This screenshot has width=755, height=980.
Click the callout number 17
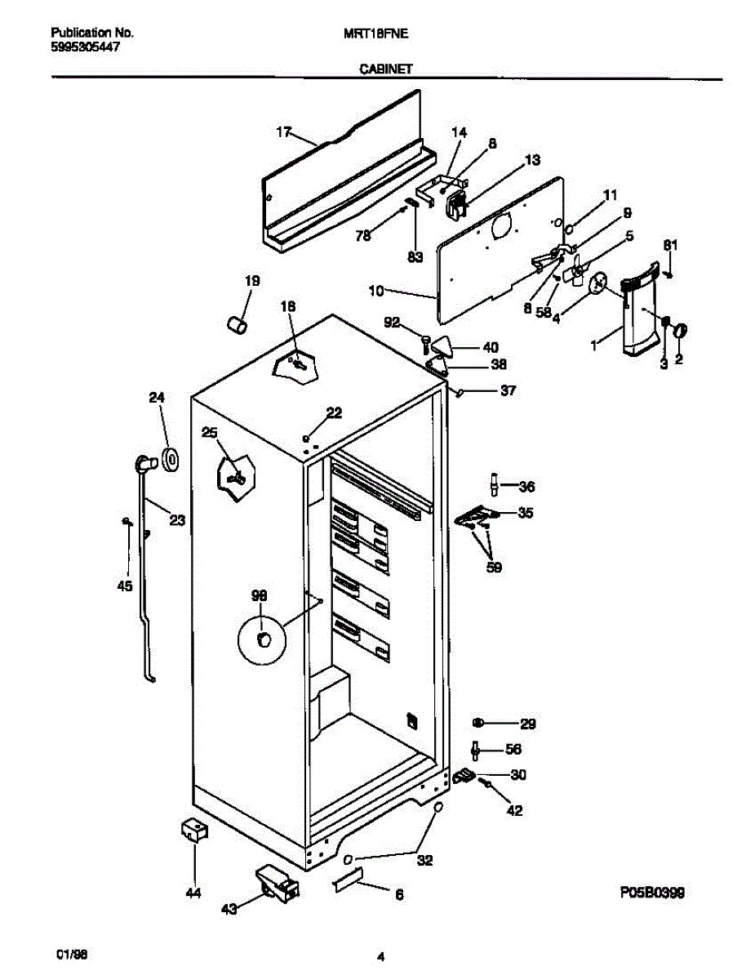click(x=283, y=131)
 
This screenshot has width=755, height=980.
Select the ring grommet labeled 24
click(x=171, y=461)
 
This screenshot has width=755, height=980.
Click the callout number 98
click(x=260, y=595)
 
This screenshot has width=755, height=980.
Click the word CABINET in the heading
click(x=386, y=70)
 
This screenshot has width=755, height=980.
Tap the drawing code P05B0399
click(x=651, y=893)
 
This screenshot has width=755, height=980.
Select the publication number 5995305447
click(x=85, y=47)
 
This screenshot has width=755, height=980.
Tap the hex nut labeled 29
click(x=479, y=723)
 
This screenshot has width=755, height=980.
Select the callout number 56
click(x=513, y=749)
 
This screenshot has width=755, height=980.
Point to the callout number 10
click(x=375, y=290)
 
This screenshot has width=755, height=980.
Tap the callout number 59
click(x=493, y=566)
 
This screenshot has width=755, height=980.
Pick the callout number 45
click(x=124, y=585)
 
